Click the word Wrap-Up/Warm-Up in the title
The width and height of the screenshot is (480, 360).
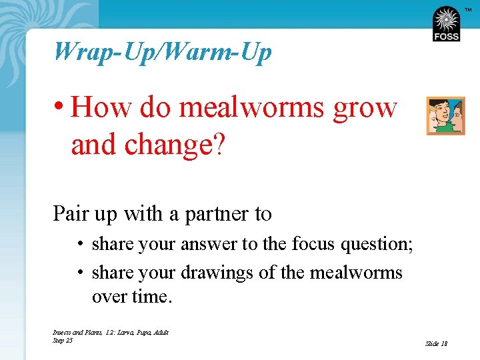(x=163, y=51)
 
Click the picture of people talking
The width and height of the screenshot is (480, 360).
(x=445, y=116)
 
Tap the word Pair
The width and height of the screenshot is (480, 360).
(x=71, y=214)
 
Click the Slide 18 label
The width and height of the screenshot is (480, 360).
(x=436, y=344)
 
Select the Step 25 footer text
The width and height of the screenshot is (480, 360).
(x=62, y=341)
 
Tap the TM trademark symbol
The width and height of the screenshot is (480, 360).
(x=468, y=9)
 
